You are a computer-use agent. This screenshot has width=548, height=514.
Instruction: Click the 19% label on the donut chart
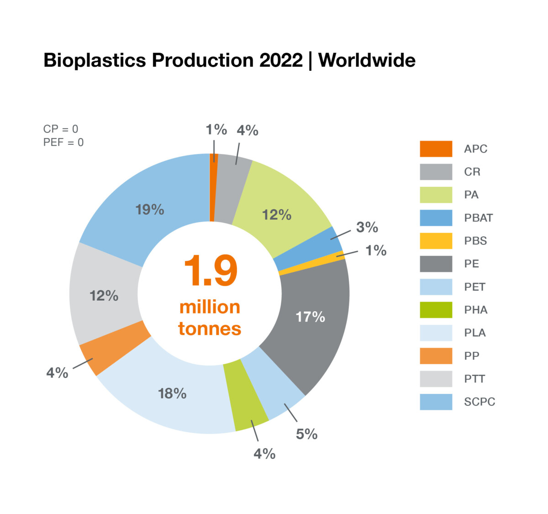pos(150,210)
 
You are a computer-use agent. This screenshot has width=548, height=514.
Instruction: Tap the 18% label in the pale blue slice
pos(172,393)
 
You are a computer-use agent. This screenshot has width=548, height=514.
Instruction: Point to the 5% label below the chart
pos(306,434)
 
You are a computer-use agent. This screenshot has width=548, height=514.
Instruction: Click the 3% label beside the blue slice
pos(367,227)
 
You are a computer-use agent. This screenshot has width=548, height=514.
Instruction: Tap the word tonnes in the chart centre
pos(210,329)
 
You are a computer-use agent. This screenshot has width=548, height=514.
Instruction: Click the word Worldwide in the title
pos(367,60)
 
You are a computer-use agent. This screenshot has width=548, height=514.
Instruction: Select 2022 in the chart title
pos(281,60)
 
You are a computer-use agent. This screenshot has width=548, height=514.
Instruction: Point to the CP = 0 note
pos(61,129)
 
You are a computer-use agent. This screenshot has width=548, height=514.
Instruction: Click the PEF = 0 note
pos(63,143)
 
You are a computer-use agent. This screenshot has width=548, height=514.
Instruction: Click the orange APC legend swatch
pos(436,149)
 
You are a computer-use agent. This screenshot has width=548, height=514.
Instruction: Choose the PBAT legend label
pos(478,218)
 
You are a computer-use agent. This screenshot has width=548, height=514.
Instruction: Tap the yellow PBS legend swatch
pos(436,241)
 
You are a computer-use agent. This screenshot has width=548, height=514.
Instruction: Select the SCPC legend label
pos(479,402)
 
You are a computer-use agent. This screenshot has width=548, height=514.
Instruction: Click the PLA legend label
pos(475,333)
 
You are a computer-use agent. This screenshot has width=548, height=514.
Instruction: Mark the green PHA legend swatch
pos(436,310)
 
